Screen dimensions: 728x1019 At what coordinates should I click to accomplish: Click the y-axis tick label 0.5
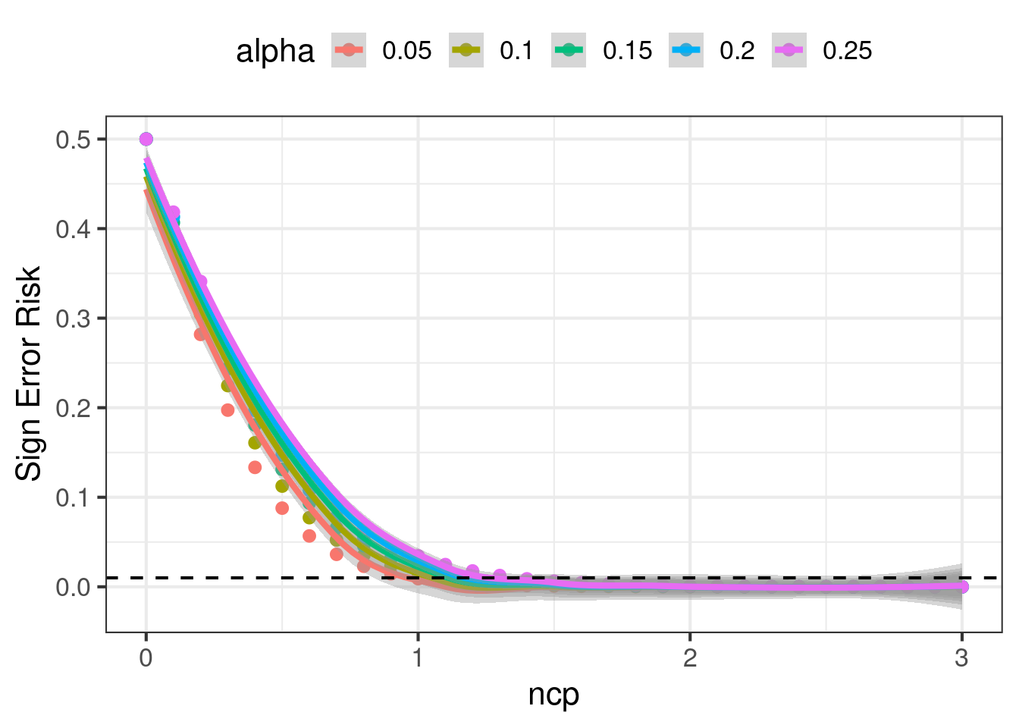pyautogui.click(x=72, y=140)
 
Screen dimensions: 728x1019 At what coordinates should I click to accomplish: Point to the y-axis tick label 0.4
pyautogui.click(x=72, y=229)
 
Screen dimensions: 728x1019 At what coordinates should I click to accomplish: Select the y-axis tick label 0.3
pyautogui.click(x=72, y=318)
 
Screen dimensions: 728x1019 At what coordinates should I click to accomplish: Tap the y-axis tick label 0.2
pyautogui.click(x=72, y=408)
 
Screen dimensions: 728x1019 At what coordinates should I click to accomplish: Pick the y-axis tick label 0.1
pyautogui.click(x=72, y=497)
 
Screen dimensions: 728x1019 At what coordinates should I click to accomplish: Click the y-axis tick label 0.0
pyautogui.click(x=72, y=587)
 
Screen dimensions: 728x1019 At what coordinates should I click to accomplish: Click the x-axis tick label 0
pyautogui.click(x=146, y=657)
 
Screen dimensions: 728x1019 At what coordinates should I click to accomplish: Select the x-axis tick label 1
pyautogui.click(x=418, y=657)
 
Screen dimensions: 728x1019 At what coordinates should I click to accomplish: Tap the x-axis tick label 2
pyautogui.click(x=690, y=657)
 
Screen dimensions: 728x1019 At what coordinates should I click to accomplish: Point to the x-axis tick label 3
pyautogui.click(x=962, y=657)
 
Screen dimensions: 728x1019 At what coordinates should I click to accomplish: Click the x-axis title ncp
pyautogui.click(x=553, y=695)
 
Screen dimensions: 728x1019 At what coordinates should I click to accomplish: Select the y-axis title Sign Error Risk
pyautogui.click(x=29, y=373)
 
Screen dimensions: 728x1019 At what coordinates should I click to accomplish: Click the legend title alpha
pyautogui.click(x=275, y=52)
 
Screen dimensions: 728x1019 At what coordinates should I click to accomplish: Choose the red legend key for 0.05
pyautogui.click(x=349, y=50)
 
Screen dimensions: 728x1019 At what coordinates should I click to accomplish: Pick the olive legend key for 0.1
pyautogui.click(x=466, y=50)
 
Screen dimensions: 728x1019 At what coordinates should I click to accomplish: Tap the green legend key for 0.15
pyautogui.click(x=569, y=50)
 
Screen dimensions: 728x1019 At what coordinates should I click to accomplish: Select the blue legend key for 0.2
pyautogui.click(x=686, y=50)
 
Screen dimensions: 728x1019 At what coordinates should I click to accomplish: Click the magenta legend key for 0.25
pyautogui.click(x=789, y=50)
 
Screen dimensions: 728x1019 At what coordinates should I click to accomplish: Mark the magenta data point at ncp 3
pyautogui.click(x=962, y=586)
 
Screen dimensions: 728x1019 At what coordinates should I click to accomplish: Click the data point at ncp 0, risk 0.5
pyautogui.click(x=146, y=140)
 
